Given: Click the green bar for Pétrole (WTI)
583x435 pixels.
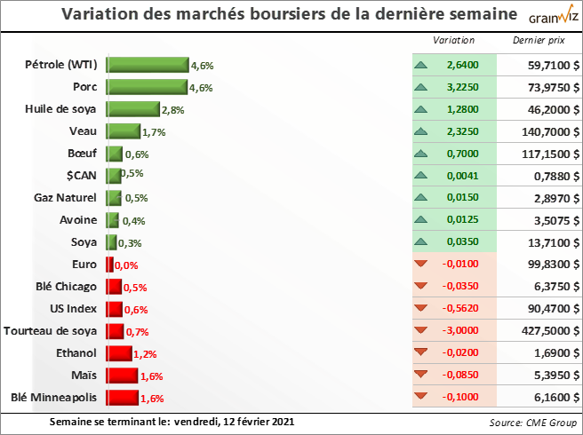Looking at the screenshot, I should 148,64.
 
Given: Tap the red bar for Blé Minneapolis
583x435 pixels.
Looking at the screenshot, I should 122,397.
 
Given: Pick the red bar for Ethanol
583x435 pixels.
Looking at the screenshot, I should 118,352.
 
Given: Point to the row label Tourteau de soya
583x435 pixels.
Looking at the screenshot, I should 51,330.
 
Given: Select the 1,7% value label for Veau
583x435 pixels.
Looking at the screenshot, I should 154,131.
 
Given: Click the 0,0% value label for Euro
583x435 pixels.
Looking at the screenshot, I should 126,265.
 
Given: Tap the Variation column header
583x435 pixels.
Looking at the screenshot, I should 453,41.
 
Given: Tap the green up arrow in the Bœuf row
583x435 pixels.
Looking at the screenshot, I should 421,153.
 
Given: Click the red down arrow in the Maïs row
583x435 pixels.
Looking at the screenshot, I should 421,375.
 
